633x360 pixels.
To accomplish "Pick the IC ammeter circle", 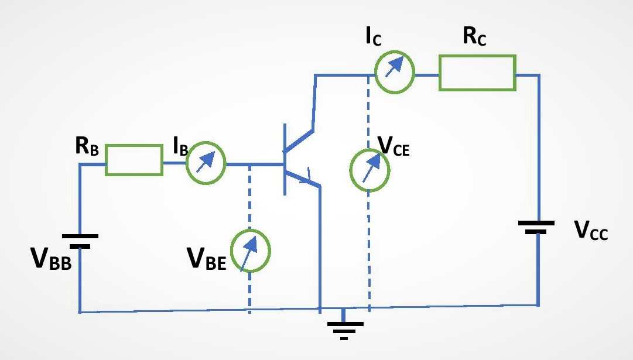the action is point(395,52).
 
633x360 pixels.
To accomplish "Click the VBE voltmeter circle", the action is point(251,231).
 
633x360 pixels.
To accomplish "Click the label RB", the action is point(87,146).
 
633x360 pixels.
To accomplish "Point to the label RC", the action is point(474,36).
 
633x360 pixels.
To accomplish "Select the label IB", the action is point(180,146).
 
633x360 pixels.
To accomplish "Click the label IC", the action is point(374,36).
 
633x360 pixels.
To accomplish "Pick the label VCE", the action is point(394,146).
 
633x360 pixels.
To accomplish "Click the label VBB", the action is point(52,258).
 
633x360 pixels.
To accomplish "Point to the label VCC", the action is point(591,230).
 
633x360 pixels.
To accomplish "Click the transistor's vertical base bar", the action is point(285,159).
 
